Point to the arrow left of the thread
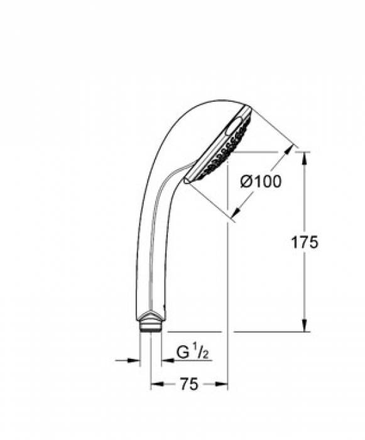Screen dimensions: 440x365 (133, 360)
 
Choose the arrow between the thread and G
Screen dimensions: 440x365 (166, 360)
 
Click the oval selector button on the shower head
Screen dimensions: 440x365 (236, 129)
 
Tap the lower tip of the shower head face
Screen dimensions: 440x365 (186, 180)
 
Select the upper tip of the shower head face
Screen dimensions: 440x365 (250, 109)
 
